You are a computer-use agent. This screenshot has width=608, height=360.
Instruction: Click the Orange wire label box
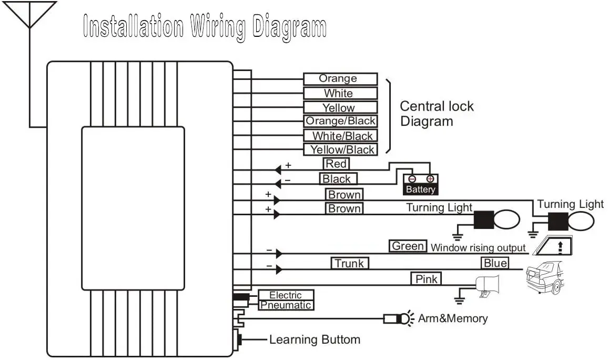point(340,79)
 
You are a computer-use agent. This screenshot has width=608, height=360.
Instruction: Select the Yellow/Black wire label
point(340,149)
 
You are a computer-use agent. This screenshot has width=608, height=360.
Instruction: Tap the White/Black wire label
point(340,135)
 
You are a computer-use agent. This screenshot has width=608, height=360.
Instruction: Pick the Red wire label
point(336,164)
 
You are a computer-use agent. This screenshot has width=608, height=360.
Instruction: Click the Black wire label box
point(338,179)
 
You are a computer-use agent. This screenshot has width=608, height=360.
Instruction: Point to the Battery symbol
point(421,184)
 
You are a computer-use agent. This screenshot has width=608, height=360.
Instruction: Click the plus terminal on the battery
point(430,179)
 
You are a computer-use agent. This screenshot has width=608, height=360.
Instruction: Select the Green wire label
point(408,246)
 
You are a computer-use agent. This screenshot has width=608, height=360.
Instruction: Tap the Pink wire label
point(426,278)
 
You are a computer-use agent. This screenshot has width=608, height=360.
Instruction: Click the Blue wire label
point(495,263)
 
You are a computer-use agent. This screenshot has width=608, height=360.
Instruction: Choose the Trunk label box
point(349,263)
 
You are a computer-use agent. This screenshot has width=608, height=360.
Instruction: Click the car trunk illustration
point(545,277)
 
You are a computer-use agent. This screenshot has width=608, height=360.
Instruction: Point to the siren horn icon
point(487,286)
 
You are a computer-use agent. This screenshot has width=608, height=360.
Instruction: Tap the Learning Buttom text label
point(315,340)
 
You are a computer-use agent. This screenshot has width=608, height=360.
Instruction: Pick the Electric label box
point(286,295)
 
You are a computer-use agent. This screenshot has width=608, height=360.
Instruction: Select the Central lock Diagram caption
point(437,114)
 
